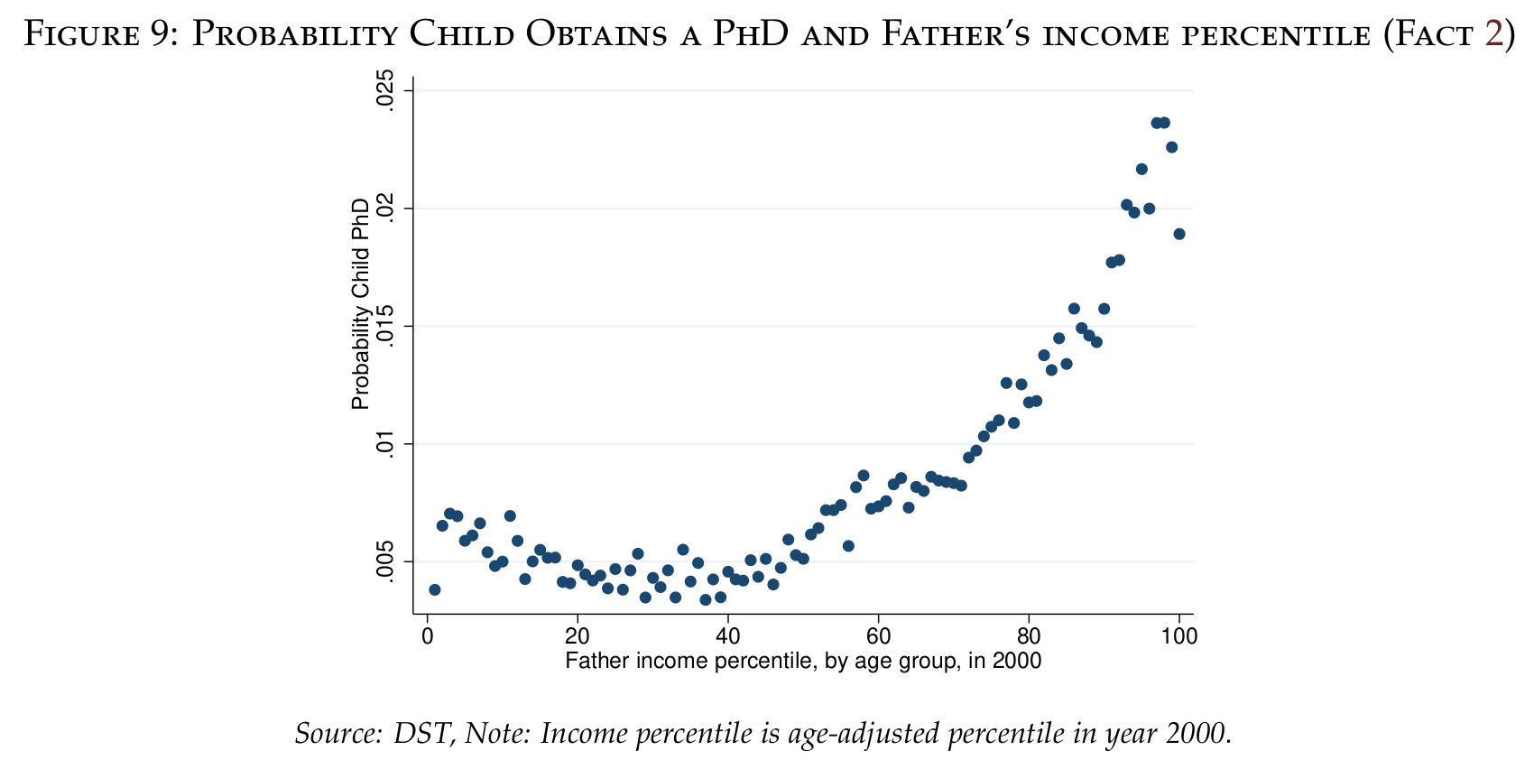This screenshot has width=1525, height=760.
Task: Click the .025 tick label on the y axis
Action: click(386, 91)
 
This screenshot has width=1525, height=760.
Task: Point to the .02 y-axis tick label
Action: click(386, 209)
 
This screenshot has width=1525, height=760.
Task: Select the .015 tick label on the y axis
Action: click(386, 326)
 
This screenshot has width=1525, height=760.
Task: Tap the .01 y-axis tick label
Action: click(386, 444)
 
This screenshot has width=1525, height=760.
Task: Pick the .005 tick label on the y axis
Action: click(386, 561)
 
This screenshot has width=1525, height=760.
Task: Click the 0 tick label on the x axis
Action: click(427, 637)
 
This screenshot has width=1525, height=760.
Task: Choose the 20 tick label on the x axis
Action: click(578, 637)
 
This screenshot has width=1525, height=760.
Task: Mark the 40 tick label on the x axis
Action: click(727, 637)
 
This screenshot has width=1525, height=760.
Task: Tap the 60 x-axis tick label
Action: click(878, 637)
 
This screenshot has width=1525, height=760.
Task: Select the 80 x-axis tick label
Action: click(1028, 637)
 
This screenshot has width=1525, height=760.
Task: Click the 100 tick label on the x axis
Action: click(1179, 637)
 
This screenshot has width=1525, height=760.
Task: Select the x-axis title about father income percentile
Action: click(803, 661)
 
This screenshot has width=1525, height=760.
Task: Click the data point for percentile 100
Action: click(1179, 234)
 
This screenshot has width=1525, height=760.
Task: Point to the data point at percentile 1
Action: click(435, 589)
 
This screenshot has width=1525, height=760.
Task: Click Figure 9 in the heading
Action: click(99, 35)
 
